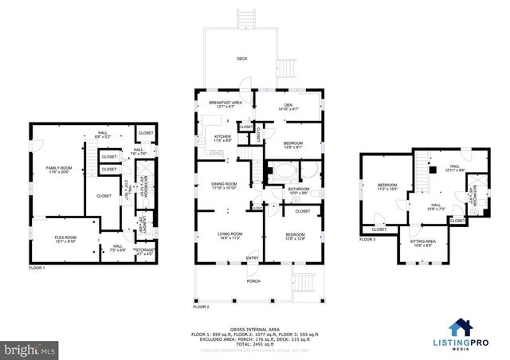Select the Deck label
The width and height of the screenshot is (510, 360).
tap(241, 59)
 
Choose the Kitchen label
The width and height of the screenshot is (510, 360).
tap(222, 137)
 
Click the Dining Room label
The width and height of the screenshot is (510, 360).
tap(224, 186)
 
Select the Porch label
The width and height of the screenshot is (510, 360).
tap(253, 280)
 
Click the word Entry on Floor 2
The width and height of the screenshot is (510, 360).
tap(252, 257)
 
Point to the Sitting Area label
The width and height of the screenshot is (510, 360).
tap(422, 241)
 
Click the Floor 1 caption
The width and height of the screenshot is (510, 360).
tap(37, 268)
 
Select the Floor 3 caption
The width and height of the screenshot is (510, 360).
tap(367, 239)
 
